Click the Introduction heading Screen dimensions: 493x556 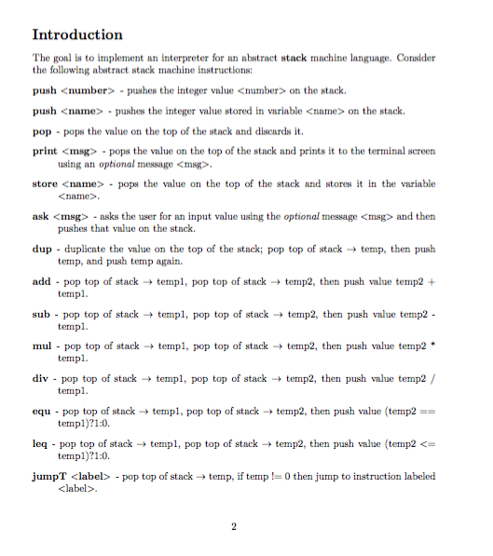(77, 34)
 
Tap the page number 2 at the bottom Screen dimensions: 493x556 (234, 528)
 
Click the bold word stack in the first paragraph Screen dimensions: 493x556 (283, 58)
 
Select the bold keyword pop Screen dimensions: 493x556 (41, 131)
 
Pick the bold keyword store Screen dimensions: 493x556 (45, 183)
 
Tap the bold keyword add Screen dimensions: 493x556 (41, 281)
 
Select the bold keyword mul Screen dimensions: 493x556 (41, 346)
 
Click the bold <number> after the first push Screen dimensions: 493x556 (88, 91)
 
